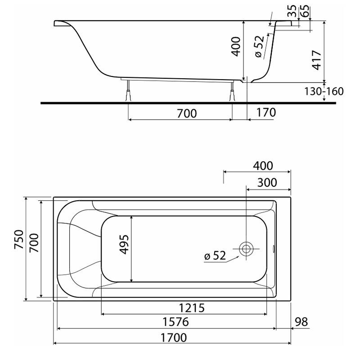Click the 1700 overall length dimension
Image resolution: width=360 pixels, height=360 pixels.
click(174, 338)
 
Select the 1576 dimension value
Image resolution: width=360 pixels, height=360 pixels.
click(175, 322)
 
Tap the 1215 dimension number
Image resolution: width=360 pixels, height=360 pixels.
click(192, 308)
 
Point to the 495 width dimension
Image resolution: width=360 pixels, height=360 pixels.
click(124, 244)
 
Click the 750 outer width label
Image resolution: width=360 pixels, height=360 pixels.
click(19, 239)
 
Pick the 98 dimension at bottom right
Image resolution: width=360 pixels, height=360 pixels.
click(301, 322)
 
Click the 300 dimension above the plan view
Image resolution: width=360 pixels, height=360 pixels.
click(267, 183)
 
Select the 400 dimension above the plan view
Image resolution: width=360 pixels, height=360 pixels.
click(263, 166)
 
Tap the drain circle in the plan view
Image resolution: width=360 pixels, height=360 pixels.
click(246, 249)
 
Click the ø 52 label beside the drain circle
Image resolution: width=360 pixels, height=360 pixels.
click(215, 256)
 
